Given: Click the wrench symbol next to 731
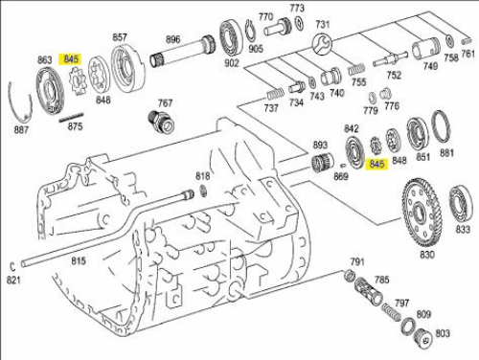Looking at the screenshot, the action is click(322, 44).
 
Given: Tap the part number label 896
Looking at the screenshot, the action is click(172, 39).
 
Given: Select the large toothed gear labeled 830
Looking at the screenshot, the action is click(422, 213).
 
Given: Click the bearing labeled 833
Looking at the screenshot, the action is click(461, 204).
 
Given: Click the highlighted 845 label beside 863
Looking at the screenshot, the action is click(71, 59).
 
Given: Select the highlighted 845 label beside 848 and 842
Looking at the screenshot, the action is click(376, 164).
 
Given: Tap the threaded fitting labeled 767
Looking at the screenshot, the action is click(162, 121).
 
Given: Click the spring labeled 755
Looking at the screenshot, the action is click(356, 69).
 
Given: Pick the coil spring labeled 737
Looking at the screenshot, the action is click(275, 94).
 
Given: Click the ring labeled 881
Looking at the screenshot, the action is click(441, 127).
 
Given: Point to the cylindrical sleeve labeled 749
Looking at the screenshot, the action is click(425, 49).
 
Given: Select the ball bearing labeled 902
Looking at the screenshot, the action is click(231, 38).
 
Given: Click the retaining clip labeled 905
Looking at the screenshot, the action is click(250, 30).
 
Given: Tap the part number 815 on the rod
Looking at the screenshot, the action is click(79, 260).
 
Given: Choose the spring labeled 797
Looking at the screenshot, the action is click(392, 311).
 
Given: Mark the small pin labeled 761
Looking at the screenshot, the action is click(467, 41).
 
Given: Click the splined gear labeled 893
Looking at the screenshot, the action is click(322, 163).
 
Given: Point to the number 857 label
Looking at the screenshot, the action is click(120, 37).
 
